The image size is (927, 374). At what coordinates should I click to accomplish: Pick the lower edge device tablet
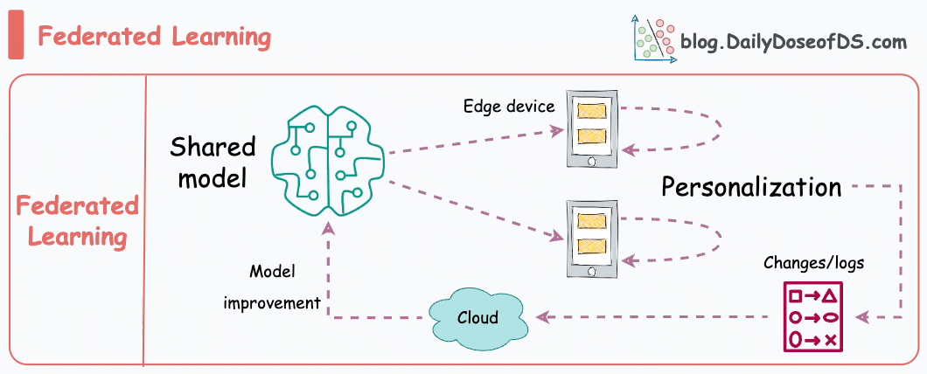coord(591,239)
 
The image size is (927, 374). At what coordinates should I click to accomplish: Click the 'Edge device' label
coord(509,107)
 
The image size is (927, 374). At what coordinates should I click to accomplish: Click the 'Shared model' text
coord(213,161)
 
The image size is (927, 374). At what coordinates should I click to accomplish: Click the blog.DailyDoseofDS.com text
coord(793,41)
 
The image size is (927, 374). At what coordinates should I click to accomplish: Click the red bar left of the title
coord(16,38)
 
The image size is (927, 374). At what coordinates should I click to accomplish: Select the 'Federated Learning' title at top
coord(154,38)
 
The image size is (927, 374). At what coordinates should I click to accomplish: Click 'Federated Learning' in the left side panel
coord(78,221)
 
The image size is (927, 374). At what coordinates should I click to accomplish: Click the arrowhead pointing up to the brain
coord(327,229)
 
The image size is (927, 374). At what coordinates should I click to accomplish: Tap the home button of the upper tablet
coord(591,162)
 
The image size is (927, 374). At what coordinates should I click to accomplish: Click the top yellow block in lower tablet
coord(591,221)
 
